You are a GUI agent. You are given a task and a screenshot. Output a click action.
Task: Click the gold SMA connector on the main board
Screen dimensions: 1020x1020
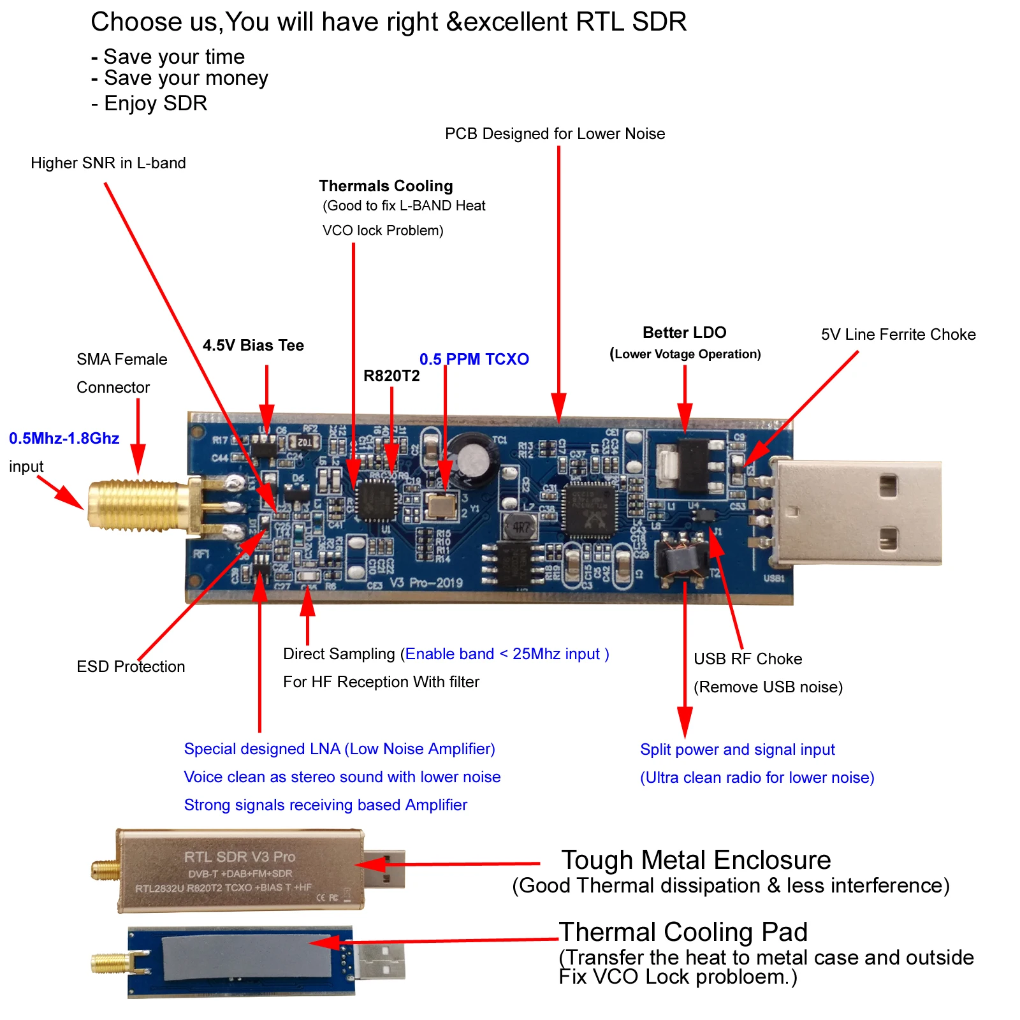137,506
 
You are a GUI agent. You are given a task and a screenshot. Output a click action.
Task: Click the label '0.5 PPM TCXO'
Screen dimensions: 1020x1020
474,359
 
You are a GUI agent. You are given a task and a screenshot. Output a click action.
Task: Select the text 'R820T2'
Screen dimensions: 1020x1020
391,376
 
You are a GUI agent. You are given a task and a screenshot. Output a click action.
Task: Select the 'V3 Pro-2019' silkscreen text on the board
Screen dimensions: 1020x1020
426,583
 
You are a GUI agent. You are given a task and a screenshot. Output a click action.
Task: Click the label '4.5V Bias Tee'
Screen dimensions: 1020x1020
253,346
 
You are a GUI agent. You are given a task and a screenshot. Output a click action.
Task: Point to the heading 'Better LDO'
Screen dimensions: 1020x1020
684,333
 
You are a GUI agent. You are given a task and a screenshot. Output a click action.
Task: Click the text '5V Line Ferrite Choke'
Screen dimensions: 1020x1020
898,335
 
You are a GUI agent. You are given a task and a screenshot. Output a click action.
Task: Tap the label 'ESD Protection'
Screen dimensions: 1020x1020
131,667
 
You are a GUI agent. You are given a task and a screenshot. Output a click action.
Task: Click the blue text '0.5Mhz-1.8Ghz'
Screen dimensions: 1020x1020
64,439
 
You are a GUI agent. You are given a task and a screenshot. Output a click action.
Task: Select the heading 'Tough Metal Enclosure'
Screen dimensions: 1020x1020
696,860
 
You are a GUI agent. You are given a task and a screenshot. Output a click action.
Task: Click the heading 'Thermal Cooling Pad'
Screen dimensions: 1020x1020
683,932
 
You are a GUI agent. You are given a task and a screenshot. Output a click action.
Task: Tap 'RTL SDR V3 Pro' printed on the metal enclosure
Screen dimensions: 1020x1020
240,857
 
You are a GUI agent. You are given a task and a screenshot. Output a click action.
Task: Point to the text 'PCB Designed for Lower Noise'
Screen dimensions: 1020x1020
555,134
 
